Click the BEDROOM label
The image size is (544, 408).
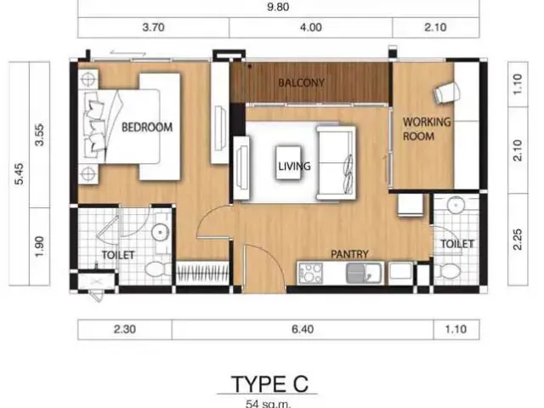(147, 127)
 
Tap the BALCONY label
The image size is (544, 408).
(302, 82)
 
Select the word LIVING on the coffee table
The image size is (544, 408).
(294, 167)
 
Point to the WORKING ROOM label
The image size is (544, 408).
(427, 128)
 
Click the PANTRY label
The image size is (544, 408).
(349, 254)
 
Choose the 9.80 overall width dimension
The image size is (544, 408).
(278, 7)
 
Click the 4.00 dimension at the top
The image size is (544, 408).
(310, 27)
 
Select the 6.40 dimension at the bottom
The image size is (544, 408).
(303, 329)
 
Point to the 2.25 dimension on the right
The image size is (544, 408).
(517, 240)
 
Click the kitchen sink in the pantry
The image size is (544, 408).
(363, 272)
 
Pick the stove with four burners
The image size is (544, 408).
(310, 273)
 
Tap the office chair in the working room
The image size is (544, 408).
(447, 93)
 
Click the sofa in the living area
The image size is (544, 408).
(336, 163)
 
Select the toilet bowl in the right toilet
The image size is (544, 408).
(446, 271)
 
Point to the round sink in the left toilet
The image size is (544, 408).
(161, 231)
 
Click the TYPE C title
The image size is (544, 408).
(269, 384)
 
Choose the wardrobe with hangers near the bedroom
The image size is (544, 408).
(202, 272)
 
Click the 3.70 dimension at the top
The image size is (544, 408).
(153, 27)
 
